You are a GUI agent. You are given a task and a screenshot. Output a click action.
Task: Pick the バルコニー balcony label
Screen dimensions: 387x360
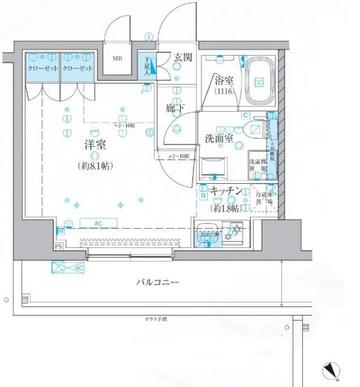[x=156, y=282]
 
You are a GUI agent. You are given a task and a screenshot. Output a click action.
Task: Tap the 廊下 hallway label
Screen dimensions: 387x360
[x=176, y=109]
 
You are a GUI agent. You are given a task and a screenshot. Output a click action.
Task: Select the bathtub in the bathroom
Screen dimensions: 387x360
[x=260, y=82]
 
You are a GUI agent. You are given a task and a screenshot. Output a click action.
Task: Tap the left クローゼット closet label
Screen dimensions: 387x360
[x=42, y=69]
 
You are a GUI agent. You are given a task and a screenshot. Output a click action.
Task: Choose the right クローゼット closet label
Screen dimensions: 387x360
[x=77, y=69]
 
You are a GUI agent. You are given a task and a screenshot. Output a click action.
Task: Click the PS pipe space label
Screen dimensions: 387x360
[x=58, y=247]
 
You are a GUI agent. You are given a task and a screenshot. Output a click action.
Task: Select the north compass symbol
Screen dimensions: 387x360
[x=332, y=368]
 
